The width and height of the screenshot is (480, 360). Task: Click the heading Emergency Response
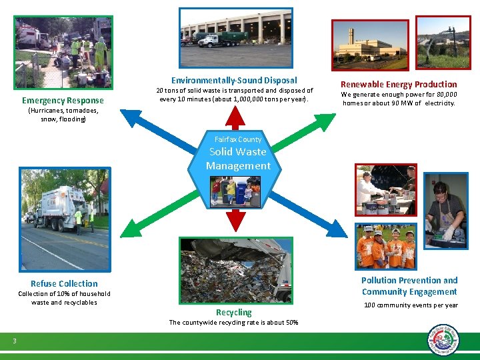point(63,101)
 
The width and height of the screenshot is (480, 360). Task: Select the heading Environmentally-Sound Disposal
point(234,80)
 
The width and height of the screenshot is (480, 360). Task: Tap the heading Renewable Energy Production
point(399,84)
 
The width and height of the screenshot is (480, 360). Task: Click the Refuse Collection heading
point(64,283)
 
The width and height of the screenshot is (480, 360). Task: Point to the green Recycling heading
point(234,312)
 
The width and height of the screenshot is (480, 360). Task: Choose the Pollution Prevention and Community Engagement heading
point(409,286)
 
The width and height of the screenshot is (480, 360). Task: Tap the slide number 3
point(15,341)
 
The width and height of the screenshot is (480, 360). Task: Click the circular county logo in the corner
point(443,340)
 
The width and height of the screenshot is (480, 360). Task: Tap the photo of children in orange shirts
point(385,246)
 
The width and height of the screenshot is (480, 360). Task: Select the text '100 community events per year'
point(411,305)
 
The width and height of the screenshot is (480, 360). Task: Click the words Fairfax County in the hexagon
point(238,139)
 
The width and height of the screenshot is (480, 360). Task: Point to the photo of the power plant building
point(369,44)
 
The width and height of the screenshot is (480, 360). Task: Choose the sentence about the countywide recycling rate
point(233,323)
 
